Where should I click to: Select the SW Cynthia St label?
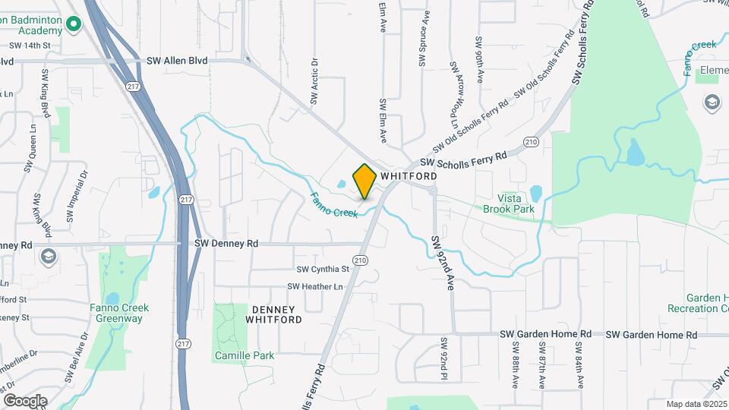[x=323, y=269]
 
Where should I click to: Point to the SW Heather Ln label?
[x=315, y=286]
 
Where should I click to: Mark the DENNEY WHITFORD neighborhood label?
[x=273, y=314]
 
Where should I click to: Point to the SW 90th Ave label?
[x=479, y=59]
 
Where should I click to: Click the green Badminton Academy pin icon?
[x=74, y=24]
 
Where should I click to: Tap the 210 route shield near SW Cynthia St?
[x=360, y=260]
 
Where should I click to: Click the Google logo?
[x=25, y=401]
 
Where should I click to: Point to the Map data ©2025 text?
[x=696, y=404]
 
